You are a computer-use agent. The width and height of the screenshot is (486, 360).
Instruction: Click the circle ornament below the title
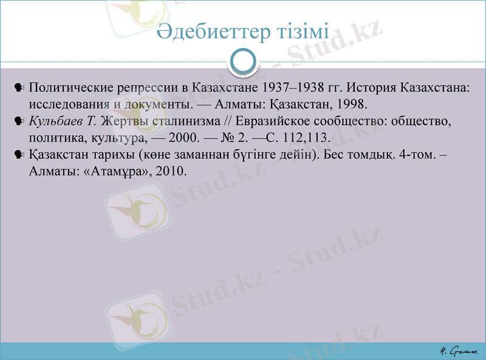pos(243,61)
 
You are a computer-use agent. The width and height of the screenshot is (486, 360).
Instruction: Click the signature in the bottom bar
pos(459,350)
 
